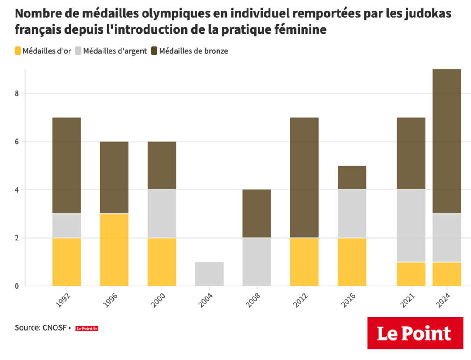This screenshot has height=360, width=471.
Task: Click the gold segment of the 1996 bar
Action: point(114,250)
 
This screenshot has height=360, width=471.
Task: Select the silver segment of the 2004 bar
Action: point(209,274)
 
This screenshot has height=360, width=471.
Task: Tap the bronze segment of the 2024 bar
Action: point(447,141)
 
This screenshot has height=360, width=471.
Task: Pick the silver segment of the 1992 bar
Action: point(67,226)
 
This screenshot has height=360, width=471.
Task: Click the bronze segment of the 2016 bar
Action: point(352,177)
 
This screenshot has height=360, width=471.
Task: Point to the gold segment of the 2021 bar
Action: point(411,274)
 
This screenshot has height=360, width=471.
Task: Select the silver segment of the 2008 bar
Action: point(257,262)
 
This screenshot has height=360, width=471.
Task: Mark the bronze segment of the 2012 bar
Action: point(304,177)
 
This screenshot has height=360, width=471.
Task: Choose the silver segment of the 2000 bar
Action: point(161,214)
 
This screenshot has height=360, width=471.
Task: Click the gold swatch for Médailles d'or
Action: point(18,51)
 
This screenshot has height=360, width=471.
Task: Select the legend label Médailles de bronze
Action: point(193,51)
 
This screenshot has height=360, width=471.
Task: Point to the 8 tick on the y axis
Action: point(17,93)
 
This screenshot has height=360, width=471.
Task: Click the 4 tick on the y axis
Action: point(17,190)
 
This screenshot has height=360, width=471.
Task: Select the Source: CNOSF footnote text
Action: point(40,328)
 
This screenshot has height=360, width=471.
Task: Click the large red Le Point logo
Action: point(415,333)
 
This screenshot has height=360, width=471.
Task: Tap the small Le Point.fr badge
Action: point(87,328)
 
